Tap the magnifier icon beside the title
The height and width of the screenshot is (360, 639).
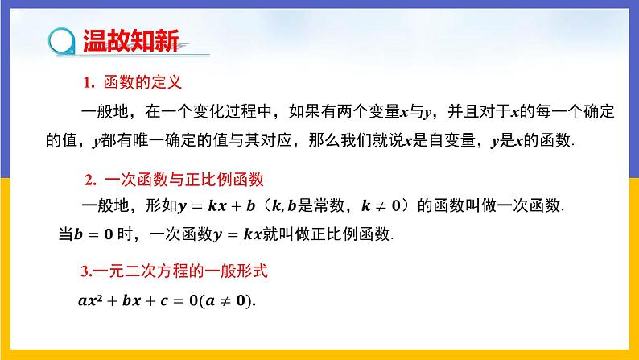(x=60, y=39)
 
